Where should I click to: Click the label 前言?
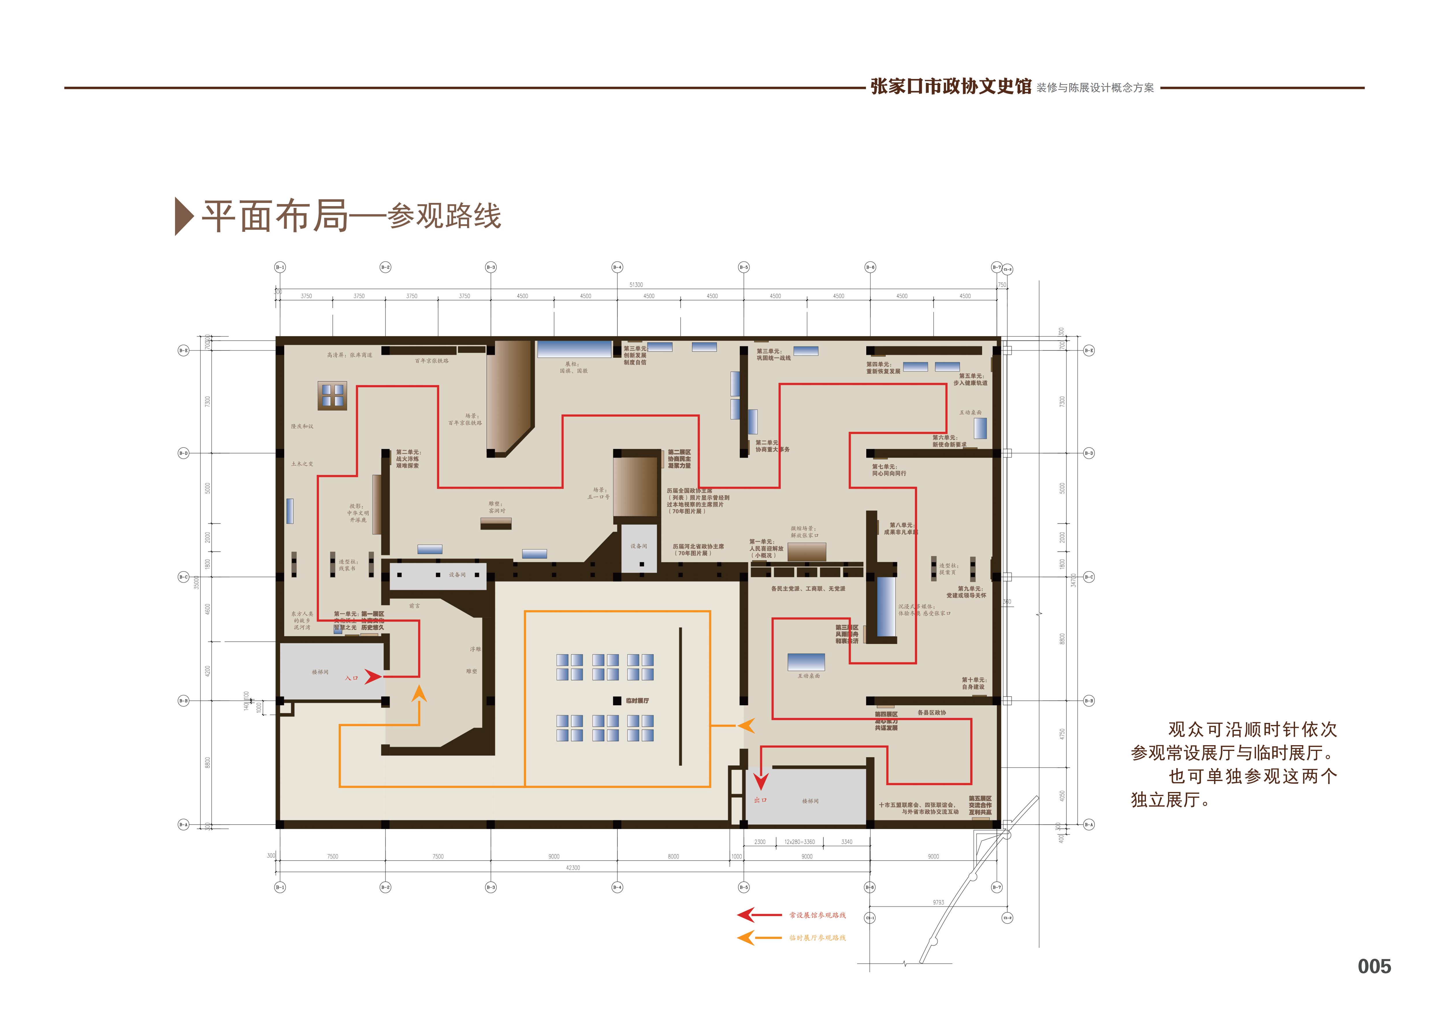(415, 606)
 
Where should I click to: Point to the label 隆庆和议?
(302, 426)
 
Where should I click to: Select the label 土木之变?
(302, 464)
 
